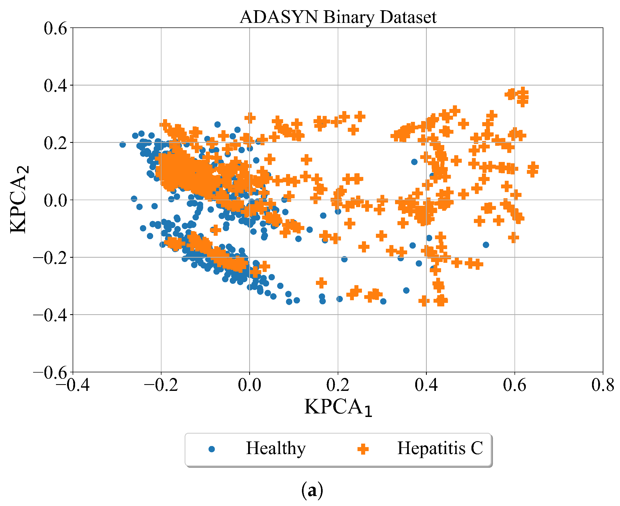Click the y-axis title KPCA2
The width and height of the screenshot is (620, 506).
tap(19, 199)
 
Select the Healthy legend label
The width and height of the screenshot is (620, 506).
tap(276, 448)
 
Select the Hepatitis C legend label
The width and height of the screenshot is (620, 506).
tap(440, 448)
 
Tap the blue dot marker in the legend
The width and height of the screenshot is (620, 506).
tap(212, 449)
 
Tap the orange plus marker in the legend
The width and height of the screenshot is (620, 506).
tap(363, 449)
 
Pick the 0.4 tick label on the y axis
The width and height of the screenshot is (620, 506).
tap(55, 86)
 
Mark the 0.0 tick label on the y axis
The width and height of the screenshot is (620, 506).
tap(55, 200)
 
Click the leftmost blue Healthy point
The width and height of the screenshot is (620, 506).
tap(123, 144)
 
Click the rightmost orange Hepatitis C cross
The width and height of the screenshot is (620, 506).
tap(533, 167)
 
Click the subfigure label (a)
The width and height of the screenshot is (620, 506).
tap(312, 491)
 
